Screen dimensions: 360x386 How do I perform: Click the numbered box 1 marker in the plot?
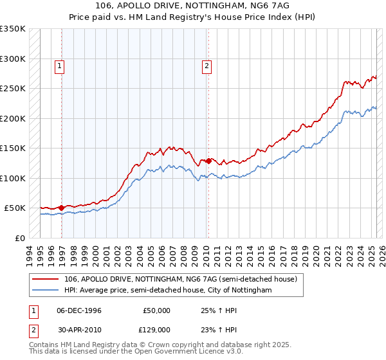pyautogui.click(x=59, y=65)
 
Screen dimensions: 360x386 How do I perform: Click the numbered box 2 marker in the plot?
pyautogui.click(x=207, y=65)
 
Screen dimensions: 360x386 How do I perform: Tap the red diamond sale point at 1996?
pyautogui.click(x=61, y=208)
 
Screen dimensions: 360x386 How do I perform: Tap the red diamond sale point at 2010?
pyautogui.click(x=208, y=161)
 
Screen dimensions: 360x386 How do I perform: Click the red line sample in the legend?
pyautogui.click(x=46, y=280)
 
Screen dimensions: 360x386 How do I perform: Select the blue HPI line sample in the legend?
pyautogui.click(x=46, y=291)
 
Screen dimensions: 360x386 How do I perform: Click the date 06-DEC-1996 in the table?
pyautogui.click(x=79, y=310)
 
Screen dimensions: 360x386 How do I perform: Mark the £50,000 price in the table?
pyautogui.click(x=156, y=310)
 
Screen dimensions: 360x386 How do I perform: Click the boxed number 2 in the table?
pyautogui.click(x=34, y=329)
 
